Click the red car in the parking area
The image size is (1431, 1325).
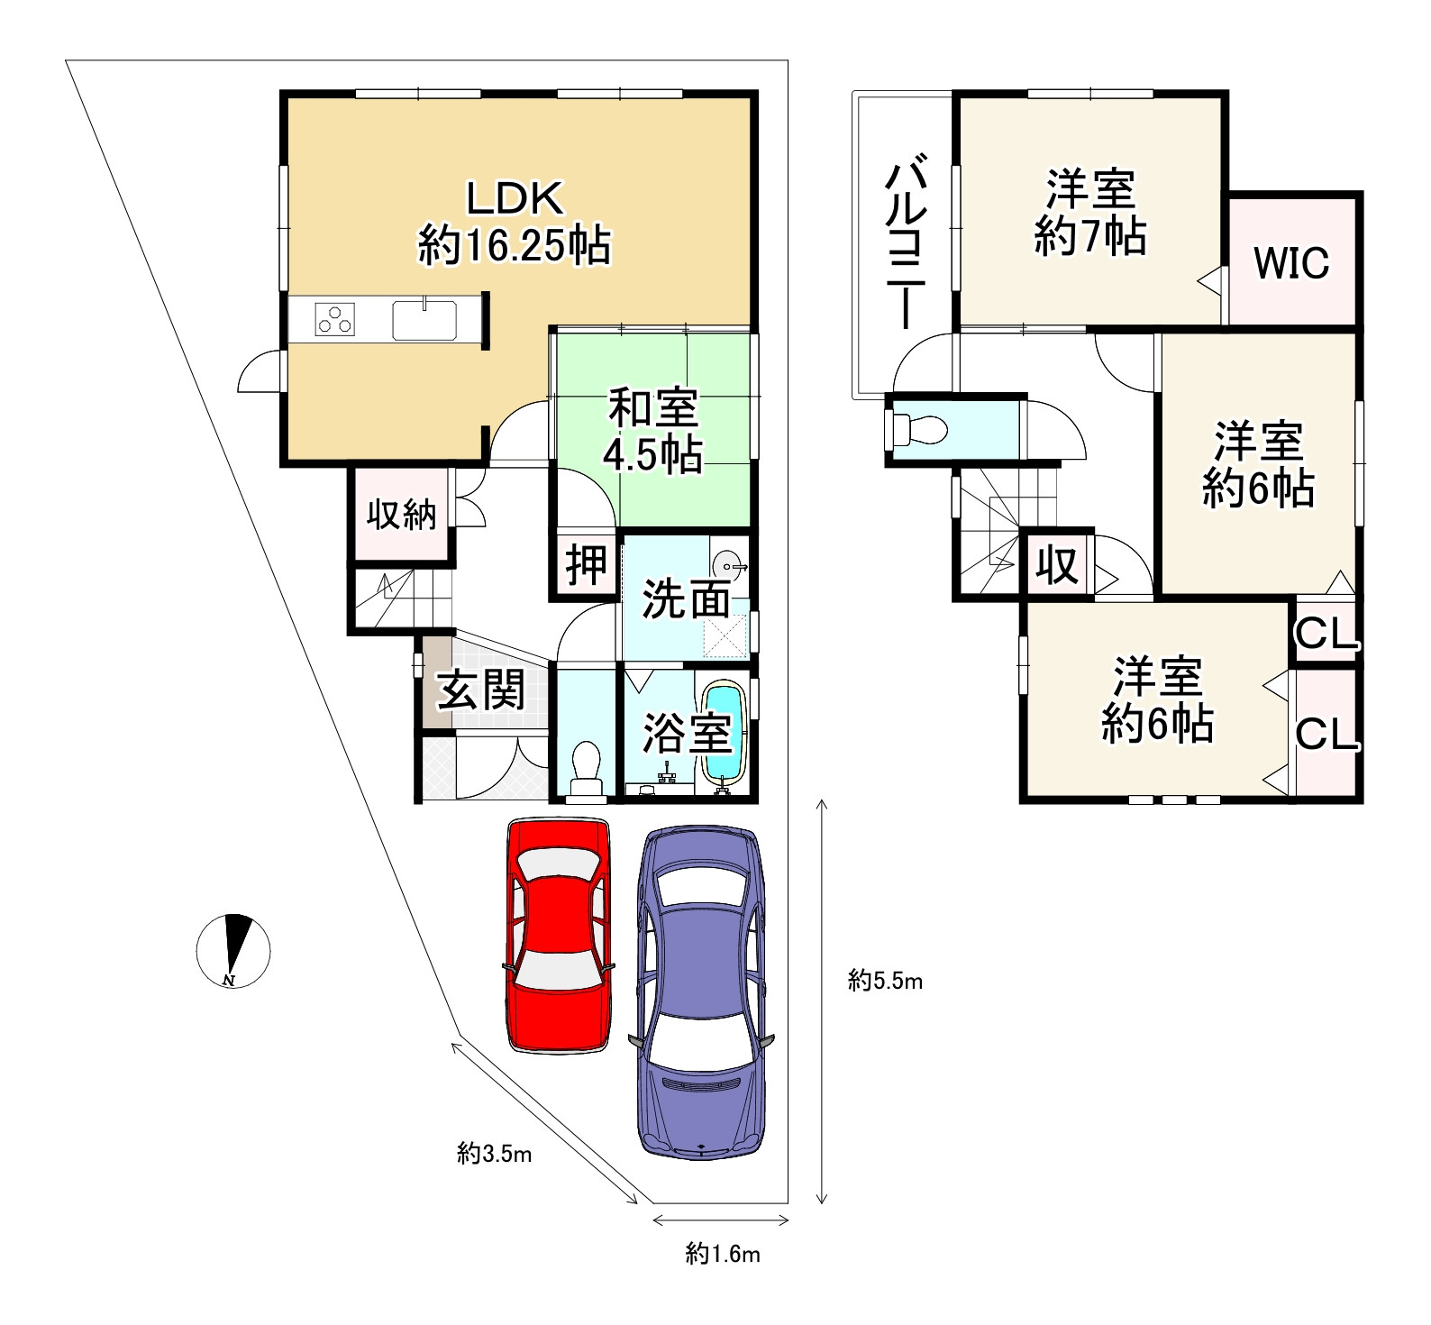coord(558,934)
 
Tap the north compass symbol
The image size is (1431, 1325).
coord(233,950)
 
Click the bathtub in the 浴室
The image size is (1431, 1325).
coord(724,731)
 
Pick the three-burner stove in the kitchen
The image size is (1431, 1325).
coord(334,320)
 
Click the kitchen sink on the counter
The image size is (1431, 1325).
coord(424,320)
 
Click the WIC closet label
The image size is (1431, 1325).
coord(1291,263)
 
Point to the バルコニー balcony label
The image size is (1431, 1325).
coord(907,244)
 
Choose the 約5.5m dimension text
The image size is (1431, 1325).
coord(886,981)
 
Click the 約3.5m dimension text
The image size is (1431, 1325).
coord(494,1153)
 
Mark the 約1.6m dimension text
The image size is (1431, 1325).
coord(723,1254)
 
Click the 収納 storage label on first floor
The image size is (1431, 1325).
coord(401,515)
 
